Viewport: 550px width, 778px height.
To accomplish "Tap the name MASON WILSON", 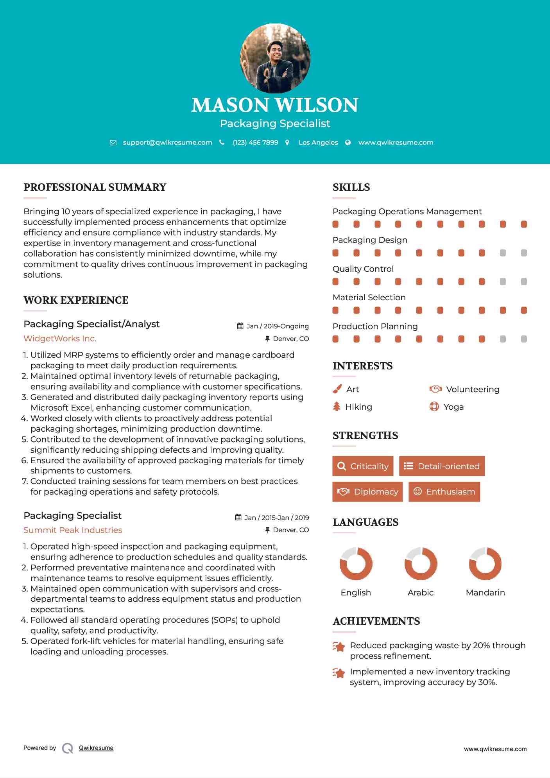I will click(x=275, y=105).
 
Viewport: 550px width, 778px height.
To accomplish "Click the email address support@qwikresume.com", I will click(x=167, y=142).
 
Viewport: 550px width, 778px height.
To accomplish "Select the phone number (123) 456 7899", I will click(x=255, y=142).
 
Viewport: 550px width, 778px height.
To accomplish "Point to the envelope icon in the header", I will click(x=113, y=143).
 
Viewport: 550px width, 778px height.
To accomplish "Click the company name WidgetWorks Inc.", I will click(x=60, y=339).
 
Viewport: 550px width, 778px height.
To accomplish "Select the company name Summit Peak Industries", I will click(x=73, y=530).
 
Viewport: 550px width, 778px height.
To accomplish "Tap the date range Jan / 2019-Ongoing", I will click(x=278, y=326).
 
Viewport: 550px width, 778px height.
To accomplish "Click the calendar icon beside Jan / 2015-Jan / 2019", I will click(x=238, y=517).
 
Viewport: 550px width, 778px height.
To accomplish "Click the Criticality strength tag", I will click(x=363, y=466).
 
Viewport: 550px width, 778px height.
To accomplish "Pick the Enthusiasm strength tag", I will click(x=444, y=491).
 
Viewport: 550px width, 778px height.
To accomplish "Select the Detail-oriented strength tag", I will click(x=442, y=466).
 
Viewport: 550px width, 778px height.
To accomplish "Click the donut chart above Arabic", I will click(x=421, y=564).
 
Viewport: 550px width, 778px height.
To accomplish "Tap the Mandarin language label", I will click(x=485, y=592).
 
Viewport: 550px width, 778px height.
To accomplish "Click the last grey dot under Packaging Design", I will click(x=524, y=253).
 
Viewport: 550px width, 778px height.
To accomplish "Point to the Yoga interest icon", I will click(x=434, y=407).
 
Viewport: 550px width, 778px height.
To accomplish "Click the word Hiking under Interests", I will click(x=358, y=407).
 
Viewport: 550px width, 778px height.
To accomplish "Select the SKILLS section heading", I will click(x=351, y=187).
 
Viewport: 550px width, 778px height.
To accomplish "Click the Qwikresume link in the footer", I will click(x=96, y=748).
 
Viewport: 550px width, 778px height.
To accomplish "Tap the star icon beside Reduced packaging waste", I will click(x=339, y=647).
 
